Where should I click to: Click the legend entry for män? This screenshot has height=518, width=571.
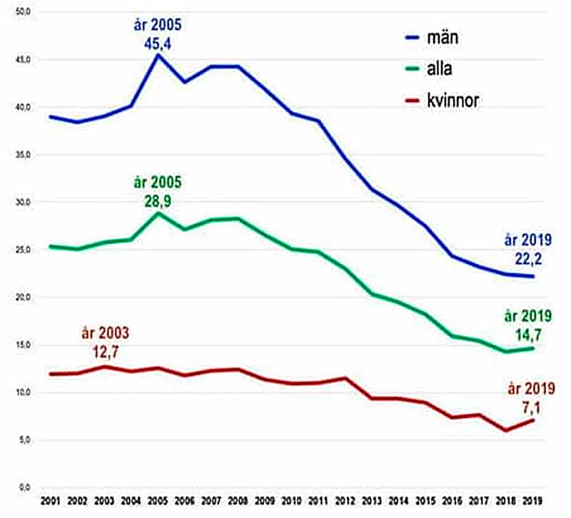point(432,38)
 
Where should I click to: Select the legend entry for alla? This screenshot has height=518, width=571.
point(429,68)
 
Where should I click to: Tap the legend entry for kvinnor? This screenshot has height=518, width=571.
point(442,100)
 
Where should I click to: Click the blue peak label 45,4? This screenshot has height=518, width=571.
point(157,44)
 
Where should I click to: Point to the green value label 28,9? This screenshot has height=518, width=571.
point(158,201)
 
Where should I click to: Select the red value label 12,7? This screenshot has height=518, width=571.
point(106,352)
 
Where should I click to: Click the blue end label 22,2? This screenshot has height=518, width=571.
point(528,258)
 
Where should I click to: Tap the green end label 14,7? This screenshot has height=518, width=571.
point(528,335)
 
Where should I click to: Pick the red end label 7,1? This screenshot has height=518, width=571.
point(532,407)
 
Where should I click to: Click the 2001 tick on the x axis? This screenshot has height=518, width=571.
point(50,501)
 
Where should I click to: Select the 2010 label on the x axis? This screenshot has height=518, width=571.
point(291,501)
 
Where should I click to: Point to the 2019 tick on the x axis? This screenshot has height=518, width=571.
point(532,501)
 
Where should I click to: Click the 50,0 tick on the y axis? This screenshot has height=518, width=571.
point(24,11)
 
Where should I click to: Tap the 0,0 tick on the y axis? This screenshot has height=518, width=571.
point(25,487)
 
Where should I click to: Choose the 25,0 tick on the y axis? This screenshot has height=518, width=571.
point(24,250)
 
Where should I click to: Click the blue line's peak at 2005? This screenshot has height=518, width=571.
point(158,55)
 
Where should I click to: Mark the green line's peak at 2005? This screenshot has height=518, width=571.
point(158,213)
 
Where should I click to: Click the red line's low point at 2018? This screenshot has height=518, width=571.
point(505,430)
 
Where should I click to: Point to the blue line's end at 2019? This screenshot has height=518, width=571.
point(532,276)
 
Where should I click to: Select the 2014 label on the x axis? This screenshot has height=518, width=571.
point(398,501)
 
